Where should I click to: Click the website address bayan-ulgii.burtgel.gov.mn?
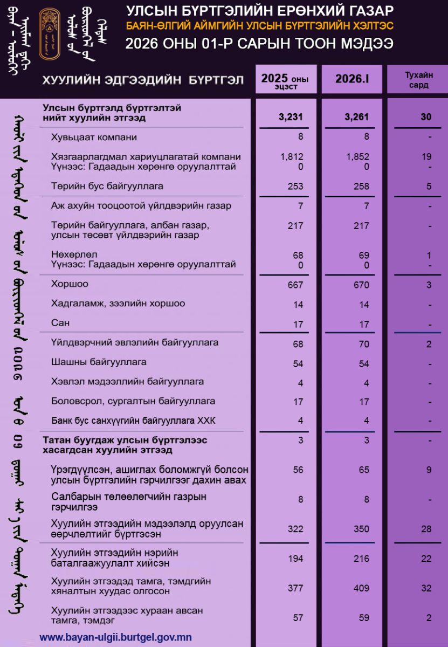click(115, 637)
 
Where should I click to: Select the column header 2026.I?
click(351, 79)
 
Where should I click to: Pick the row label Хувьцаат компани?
click(94, 137)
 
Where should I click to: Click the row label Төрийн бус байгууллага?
click(107, 186)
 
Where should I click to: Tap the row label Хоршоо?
click(70, 284)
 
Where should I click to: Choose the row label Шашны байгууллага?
click(99, 362)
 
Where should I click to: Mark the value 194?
click(295, 559)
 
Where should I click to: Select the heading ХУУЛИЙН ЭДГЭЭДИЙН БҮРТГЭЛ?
click(143, 80)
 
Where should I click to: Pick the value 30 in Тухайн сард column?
click(426, 117)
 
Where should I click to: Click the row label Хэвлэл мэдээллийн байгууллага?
click(127, 382)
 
